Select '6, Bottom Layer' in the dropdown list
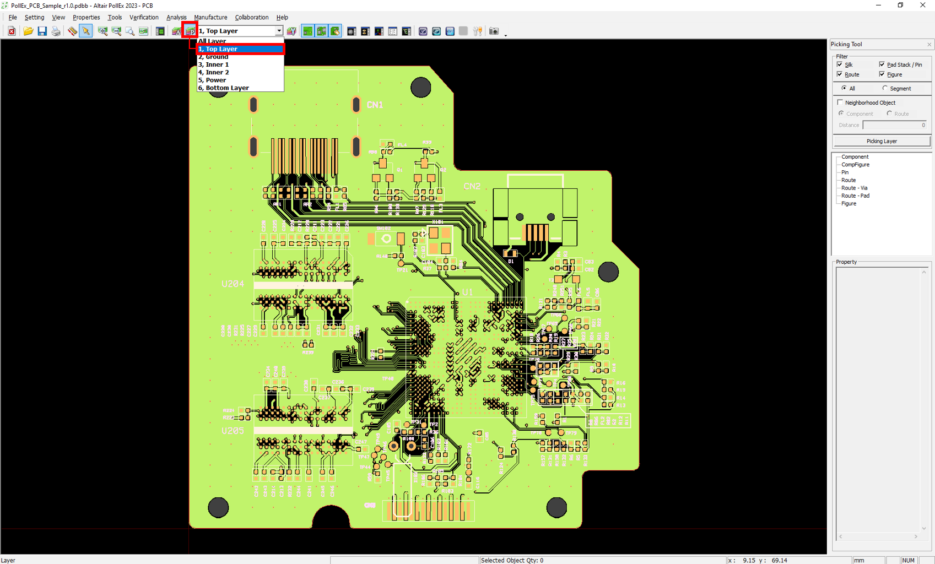tap(224, 88)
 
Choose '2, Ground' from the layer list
tap(213, 57)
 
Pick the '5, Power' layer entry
tap(212, 80)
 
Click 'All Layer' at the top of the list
tap(212, 41)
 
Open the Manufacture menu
tap(210, 18)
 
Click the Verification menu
tap(144, 18)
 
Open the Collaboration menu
tap(251, 18)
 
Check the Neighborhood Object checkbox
tap(840, 102)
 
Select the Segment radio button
tap(885, 88)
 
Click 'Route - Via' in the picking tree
tap(854, 188)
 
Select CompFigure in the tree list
tap(855, 165)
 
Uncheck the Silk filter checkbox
tap(840, 64)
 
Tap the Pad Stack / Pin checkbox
tap(882, 64)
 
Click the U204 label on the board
tap(233, 284)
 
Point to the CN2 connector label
tap(472, 186)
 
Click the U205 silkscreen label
tap(233, 431)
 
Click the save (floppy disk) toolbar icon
tap(42, 31)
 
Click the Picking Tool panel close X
tap(929, 45)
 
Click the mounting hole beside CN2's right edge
tap(608, 272)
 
